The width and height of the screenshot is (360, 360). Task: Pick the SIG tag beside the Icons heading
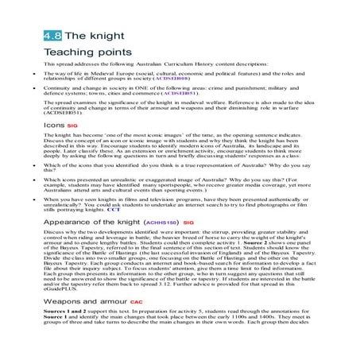coord(74,126)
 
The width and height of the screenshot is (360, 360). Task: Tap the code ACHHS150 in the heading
coord(160,223)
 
